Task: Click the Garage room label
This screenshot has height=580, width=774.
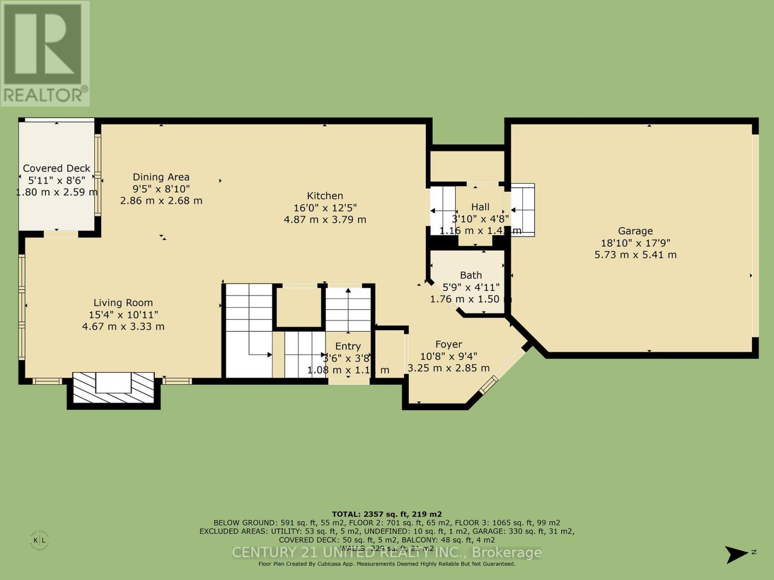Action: pos(635,231)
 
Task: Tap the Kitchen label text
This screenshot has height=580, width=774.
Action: pos(325,196)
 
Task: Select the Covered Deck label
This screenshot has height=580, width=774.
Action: pos(57,168)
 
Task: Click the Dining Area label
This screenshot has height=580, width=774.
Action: pos(161,177)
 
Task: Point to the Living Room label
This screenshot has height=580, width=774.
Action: pos(123,303)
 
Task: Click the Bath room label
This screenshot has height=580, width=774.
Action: pos(471,275)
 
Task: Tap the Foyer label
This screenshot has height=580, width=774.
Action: pos(448,344)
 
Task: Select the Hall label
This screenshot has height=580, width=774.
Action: pos(480,207)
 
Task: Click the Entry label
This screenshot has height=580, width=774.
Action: pos(348,346)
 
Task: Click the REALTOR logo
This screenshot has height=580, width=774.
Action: pos(45,53)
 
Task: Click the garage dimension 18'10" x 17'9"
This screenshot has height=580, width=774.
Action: pos(635,243)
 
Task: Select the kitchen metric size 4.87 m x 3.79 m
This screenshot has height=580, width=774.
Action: pos(325,219)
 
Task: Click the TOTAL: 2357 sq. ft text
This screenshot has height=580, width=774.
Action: pos(387,514)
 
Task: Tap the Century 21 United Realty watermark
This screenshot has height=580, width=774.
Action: pos(387,552)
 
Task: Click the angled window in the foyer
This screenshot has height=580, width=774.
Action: pos(489,384)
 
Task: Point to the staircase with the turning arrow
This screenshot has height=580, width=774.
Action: pos(249,331)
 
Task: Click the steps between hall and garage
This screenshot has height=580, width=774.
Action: pos(522,210)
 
